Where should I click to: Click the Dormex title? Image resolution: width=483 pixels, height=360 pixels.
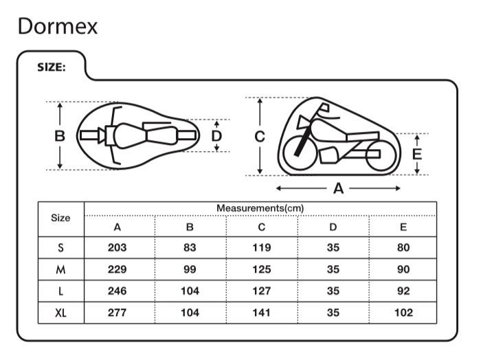58,26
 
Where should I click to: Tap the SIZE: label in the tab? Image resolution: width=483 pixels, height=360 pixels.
51,68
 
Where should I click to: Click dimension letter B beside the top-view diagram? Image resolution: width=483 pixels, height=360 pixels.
60,135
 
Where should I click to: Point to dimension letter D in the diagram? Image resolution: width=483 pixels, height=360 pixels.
216,136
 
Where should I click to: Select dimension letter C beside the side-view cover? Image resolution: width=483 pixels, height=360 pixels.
260,136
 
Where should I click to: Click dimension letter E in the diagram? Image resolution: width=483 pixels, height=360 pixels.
416,154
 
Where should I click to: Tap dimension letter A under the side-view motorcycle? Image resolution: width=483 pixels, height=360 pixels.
338,188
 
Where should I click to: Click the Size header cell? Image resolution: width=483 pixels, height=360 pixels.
60,218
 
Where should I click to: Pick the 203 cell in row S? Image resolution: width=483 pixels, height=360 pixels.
117,247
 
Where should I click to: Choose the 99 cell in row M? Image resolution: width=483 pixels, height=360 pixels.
190,269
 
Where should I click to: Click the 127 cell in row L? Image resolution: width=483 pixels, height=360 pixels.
261,291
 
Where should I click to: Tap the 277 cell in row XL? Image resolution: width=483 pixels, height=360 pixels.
117,313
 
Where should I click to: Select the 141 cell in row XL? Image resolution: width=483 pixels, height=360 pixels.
261,313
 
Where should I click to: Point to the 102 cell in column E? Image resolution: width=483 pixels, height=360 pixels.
403,313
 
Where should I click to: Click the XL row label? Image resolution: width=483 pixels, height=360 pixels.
60,313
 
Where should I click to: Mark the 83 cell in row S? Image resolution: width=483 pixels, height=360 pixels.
190,247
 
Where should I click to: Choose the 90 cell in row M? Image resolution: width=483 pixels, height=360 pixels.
403,269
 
